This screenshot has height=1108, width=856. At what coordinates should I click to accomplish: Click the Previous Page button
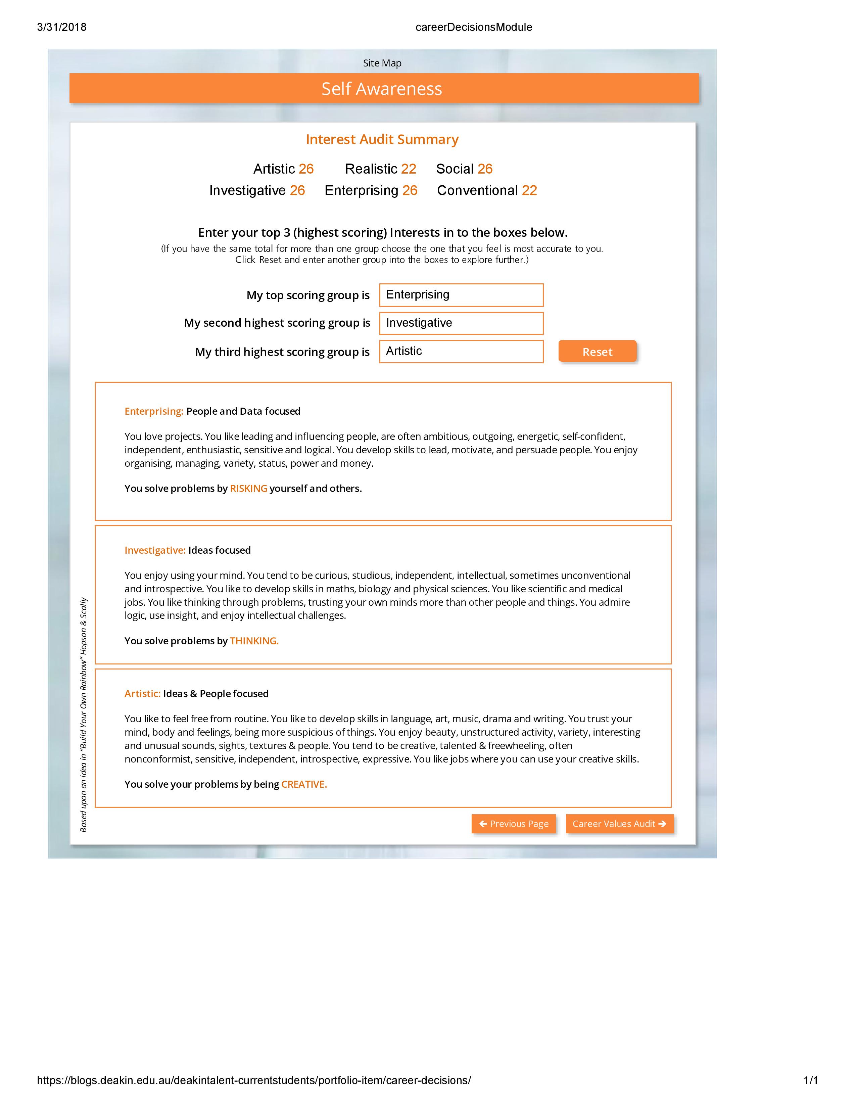(513, 823)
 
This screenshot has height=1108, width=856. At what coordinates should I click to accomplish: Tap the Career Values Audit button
(619, 823)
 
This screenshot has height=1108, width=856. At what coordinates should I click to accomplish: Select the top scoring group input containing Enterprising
(461, 295)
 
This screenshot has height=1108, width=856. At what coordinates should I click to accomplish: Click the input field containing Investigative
(461, 323)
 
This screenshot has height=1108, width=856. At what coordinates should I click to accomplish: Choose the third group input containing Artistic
(461, 352)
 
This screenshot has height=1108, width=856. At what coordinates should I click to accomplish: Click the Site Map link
(382, 63)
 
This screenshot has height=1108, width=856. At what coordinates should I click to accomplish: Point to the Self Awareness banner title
(382, 89)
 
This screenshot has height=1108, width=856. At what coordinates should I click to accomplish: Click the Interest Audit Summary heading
(382, 140)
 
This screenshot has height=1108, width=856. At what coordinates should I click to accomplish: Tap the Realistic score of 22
(408, 169)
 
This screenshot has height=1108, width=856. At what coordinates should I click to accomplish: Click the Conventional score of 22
(529, 190)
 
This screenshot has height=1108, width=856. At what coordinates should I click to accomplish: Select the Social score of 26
(485, 169)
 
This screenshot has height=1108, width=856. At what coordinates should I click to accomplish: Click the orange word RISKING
(248, 489)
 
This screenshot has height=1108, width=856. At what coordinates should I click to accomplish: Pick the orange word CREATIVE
(304, 784)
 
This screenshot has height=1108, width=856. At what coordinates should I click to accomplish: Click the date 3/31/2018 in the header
(62, 28)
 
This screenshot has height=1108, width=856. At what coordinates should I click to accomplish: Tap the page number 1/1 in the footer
(810, 1080)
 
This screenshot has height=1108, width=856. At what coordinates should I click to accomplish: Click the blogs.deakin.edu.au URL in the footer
(253, 1080)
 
